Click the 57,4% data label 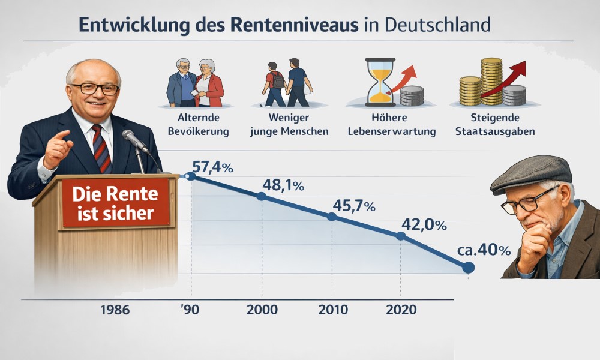[212, 168]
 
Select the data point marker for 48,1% [261, 196]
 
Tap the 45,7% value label [353, 206]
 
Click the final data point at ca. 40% [469, 268]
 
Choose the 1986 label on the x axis [115, 310]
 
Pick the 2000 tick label [262, 310]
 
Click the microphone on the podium [134, 140]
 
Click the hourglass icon [379, 81]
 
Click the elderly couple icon [196, 82]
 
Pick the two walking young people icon [287, 82]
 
